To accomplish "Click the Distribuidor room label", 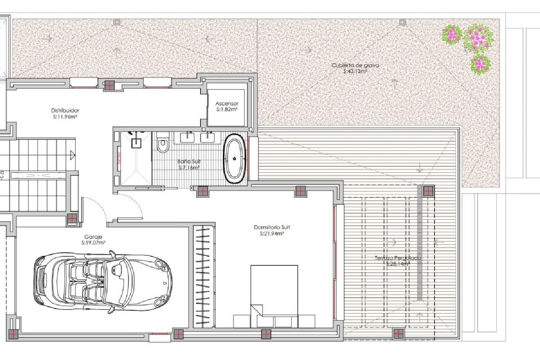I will [65, 111].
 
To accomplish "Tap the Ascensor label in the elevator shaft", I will [227, 103].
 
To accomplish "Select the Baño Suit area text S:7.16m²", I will [189, 167].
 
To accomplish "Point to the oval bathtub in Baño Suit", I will [234, 158].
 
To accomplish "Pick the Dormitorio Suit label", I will [272, 227].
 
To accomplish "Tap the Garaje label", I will [93, 237].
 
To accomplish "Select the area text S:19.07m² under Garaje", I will [93, 243].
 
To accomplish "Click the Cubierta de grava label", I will [355, 65].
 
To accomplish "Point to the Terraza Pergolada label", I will [397, 258].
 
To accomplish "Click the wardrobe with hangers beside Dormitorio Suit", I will [203, 276].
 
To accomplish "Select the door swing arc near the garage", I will [131, 205].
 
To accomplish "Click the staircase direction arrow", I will [73, 155].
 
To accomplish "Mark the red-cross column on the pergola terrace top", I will [428, 191].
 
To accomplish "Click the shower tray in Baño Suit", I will [136, 158].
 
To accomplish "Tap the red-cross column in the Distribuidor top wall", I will [109, 86].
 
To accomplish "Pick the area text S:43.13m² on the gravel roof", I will [355, 71].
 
